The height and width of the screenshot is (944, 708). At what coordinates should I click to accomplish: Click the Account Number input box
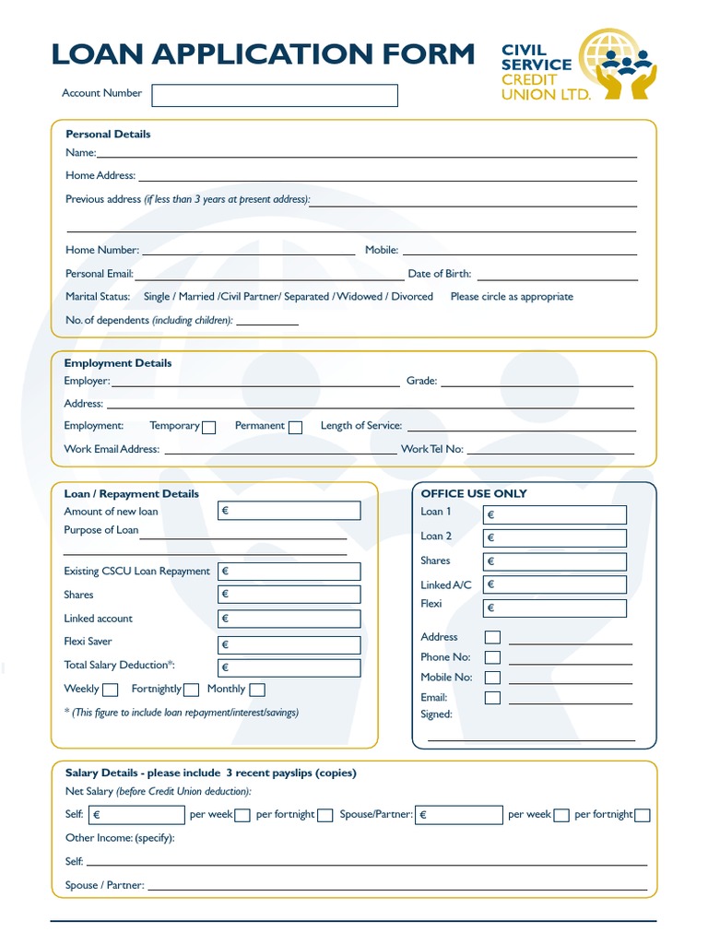coord(274,96)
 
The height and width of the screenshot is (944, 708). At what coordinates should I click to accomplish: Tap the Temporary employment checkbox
coord(209,427)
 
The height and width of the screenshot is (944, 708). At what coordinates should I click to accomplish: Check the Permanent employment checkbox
coord(295,427)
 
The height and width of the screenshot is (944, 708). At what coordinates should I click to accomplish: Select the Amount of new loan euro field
coord(289,511)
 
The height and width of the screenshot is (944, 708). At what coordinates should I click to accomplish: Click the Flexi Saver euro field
coord(289,644)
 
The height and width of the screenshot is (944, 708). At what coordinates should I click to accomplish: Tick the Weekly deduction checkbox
coord(111,690)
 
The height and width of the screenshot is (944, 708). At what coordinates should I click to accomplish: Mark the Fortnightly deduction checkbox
coord(191,690)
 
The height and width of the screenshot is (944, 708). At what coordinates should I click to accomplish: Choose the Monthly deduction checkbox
coord(257,690)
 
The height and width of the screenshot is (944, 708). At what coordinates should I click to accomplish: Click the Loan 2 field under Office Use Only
coord(555,537)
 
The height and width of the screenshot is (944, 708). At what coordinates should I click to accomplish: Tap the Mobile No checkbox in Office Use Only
coord(493,678)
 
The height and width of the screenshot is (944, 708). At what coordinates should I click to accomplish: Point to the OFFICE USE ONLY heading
coord(474,493)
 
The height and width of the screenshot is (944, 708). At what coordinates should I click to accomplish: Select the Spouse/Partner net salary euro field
coord(459,815)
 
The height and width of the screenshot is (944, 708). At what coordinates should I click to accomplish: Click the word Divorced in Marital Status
coord(411,297)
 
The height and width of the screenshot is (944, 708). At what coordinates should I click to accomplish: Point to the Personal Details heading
coord(108,134)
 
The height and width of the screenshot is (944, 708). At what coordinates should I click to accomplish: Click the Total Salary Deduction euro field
coord(289,667)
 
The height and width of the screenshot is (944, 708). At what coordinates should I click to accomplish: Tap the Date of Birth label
coord(439,274)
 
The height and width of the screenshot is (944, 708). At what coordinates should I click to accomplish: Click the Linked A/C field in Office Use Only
coord(555,584)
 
